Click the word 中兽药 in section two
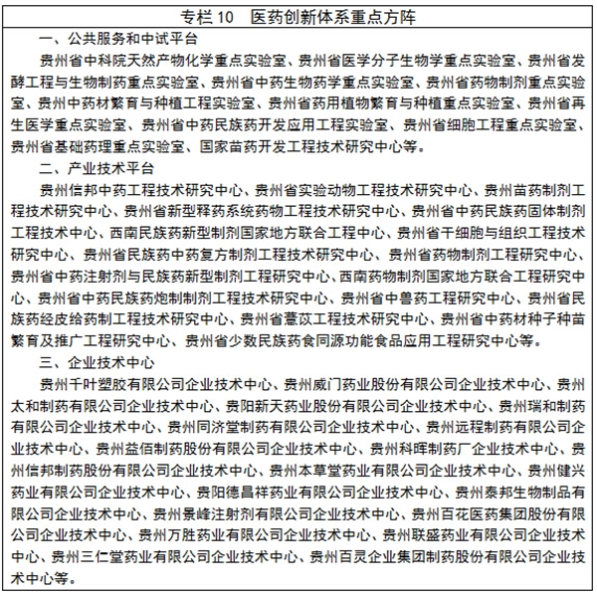tap(416, 297)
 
